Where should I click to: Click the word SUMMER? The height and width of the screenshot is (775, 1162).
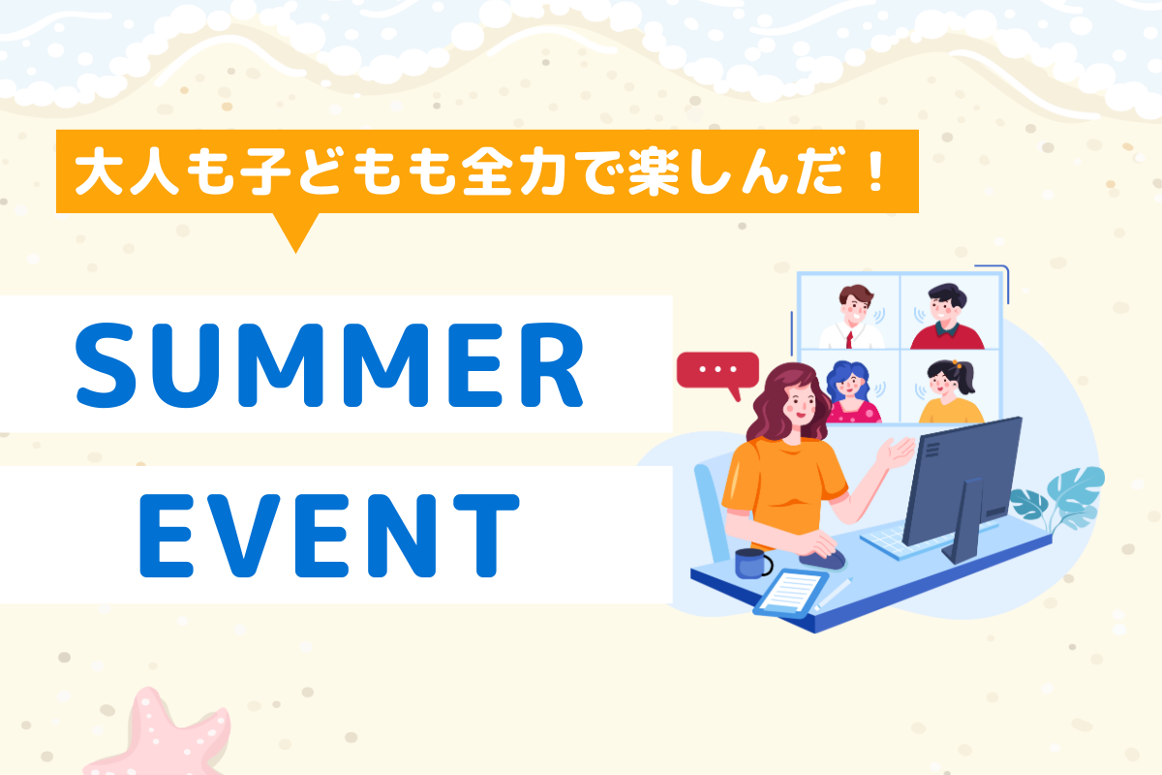[330, 365]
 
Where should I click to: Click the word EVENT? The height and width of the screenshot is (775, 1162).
[329, 535]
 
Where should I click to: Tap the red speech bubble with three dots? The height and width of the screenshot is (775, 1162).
[718, 374]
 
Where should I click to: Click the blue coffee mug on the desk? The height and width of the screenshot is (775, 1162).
[752, 563]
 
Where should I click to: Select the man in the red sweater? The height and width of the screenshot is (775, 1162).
[947, 317]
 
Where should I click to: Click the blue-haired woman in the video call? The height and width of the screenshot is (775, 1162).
[852, 392]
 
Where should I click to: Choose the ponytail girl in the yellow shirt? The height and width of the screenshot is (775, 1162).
[951, 392]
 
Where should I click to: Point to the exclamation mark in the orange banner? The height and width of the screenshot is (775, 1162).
[876, 170]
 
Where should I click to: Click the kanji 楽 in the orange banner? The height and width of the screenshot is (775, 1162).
[654, 170]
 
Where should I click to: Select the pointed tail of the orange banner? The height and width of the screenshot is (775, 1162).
[295, 252]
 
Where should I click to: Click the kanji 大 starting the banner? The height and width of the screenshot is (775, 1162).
[99, 171]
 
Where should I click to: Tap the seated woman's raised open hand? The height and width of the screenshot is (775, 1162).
[894, 451]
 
